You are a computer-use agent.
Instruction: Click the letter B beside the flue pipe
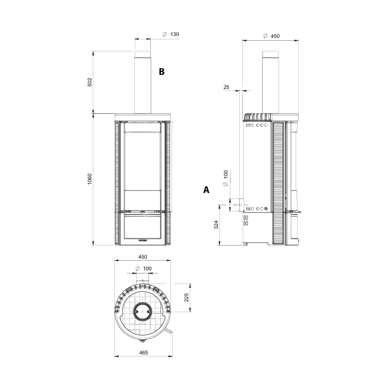click(161, 71)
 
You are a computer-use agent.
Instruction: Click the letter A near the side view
click(206, 190)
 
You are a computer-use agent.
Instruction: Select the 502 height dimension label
click(89, 82)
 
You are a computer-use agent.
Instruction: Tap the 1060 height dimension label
click(89, 179)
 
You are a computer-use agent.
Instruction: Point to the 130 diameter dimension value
click(175, 34)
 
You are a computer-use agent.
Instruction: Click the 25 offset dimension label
click(226, 87)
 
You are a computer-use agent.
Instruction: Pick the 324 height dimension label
click(216, 225)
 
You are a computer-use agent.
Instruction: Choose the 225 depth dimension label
click(186, 298)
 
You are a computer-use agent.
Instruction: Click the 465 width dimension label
click(143, 353)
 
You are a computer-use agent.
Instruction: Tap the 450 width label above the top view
click(142, 257)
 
